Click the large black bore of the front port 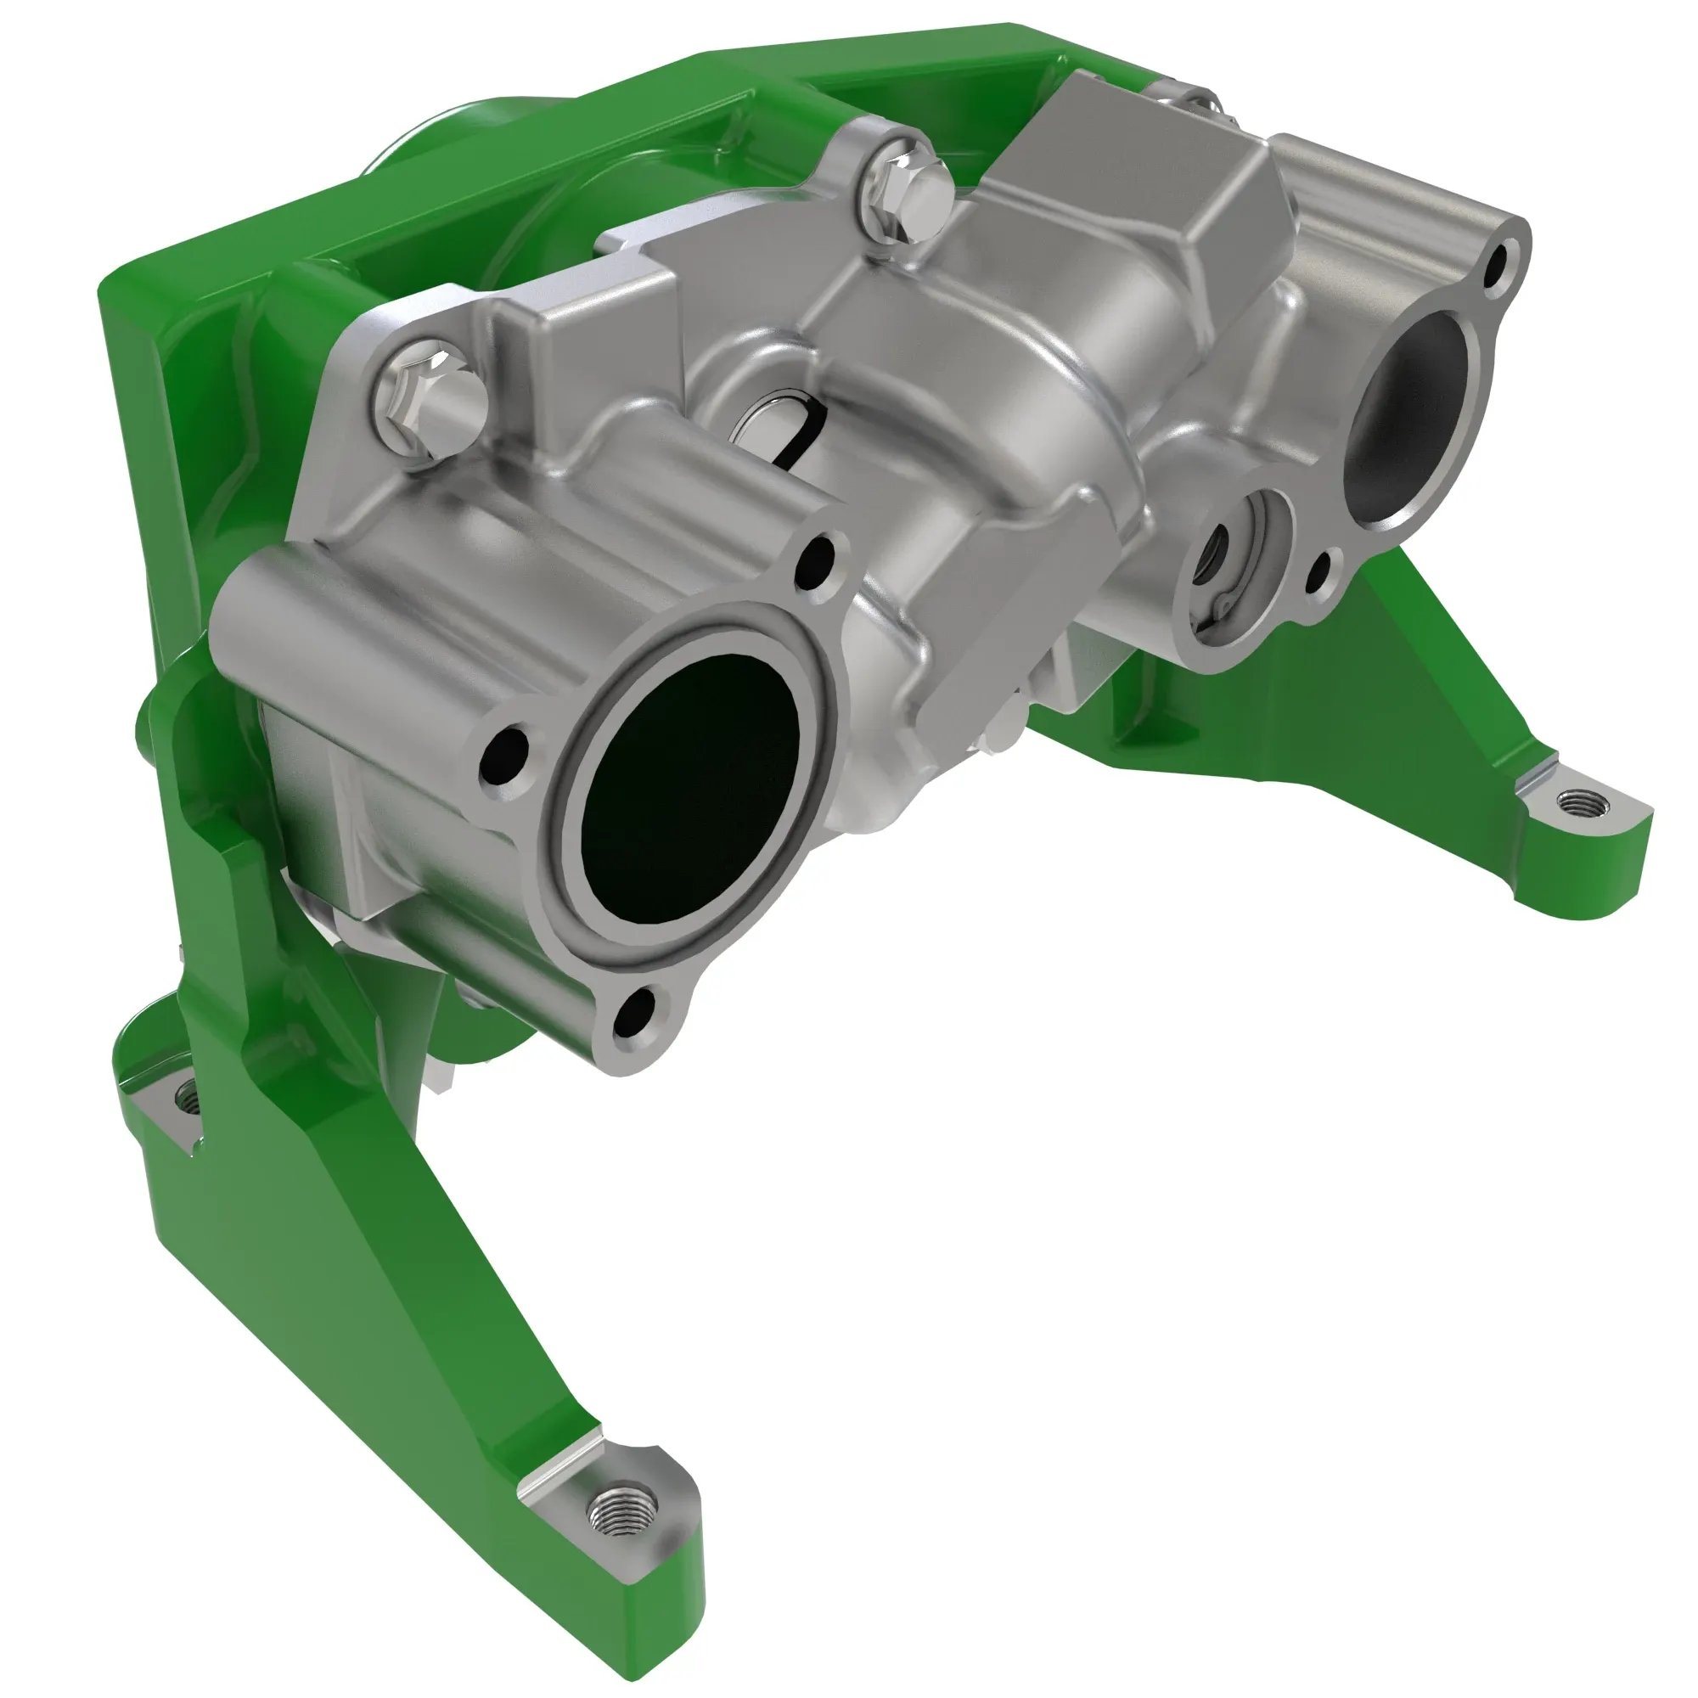(690, 787)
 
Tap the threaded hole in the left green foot (186, 1096)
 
